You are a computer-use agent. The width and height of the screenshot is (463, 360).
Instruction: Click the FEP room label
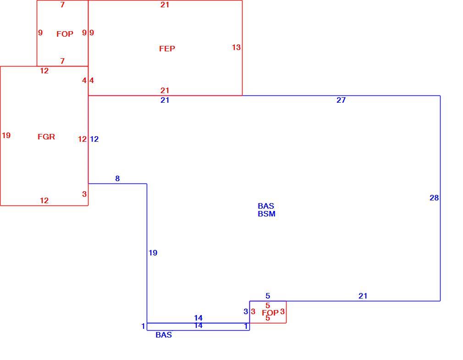click(x=167, y=49)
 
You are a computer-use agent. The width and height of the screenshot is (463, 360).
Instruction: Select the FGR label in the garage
click(x=46, y=137)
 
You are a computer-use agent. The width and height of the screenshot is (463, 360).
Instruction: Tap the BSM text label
click(x=266, y=214)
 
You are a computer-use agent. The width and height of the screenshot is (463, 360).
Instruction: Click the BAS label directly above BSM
click(x=266, y=206)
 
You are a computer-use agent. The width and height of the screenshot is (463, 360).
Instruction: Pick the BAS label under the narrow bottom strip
click(x=164, y=335)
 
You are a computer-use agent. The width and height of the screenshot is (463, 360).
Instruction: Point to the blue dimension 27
click(x=341, y=100)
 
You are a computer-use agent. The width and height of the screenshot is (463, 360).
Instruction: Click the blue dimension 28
click(x=434, y=198)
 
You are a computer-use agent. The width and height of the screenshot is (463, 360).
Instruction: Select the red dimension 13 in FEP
click(x=236, y=47)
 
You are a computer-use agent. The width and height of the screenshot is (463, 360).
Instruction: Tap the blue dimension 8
click(x=117, y=178)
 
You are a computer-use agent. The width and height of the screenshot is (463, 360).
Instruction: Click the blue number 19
click(x=153, y=253)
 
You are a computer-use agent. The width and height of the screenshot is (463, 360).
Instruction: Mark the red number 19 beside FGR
click(x=6, y=135)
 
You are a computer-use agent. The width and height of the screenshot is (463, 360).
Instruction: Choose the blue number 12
click(x=94, y=139)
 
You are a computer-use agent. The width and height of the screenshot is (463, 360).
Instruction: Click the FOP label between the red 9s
click(x=65, y=34)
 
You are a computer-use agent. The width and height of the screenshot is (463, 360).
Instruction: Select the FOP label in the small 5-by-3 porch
click(x=270, y=313)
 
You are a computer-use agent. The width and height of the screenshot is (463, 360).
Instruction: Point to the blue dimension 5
click(x=268, y=296)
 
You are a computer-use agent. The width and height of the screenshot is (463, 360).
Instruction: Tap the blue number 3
click(x=246, y=311)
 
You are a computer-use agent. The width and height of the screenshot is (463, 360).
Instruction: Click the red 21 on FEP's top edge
click(x=165, y=5)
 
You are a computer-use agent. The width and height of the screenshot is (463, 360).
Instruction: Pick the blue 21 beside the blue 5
click(x=363, y=296)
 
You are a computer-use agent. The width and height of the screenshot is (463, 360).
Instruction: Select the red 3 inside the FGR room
click(x=84, y=194)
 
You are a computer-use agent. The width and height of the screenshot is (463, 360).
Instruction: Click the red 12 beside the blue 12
click(x=83, y=139)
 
